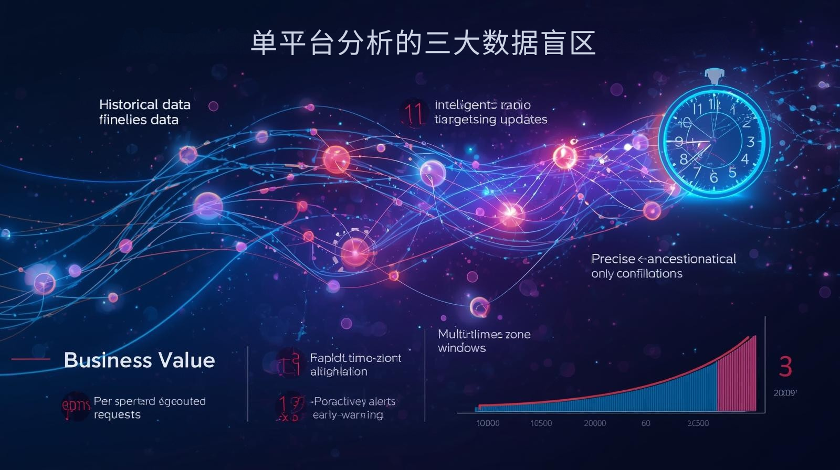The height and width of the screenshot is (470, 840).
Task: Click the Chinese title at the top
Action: pyautogui.click(x=423, y=42)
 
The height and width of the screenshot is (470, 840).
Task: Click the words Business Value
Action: pyautogui.click(x=139, y=360)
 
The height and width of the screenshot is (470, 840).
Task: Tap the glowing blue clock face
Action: pyautogui.click(x=713, y=141)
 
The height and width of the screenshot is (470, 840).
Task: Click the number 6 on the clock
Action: pyautogui.click(x=713, y=177)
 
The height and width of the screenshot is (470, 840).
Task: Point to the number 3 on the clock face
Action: pyautogui.click(x=750, y=142)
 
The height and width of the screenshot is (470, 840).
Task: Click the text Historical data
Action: pyautogui.click(x=144, y=104)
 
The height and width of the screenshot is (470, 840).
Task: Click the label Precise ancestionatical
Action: pyautogui.click(x=664, y=259)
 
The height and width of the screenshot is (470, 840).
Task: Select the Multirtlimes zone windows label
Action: pyautogui.click(x=484, y=341)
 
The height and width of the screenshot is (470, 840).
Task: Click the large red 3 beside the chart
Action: pyautogui.click(x=785, y=367)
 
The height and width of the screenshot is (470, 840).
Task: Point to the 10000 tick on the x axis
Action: pyautogui.click(x=488, y=423)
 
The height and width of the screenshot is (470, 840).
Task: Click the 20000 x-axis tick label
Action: pyautogui.click(x=595, y=423)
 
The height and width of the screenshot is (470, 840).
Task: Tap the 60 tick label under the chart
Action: pyautogui.click(x=646, y=423)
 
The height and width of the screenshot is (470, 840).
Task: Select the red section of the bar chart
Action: pyautogui.click(x=737, y=378)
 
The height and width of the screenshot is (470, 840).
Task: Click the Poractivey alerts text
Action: pyautogui.click(x=354, y=402)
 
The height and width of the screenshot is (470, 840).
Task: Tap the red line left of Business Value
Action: pyautogui.click(x=30, y=359)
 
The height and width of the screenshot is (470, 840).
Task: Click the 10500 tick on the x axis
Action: pyautogui.click(x=541, y=423)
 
